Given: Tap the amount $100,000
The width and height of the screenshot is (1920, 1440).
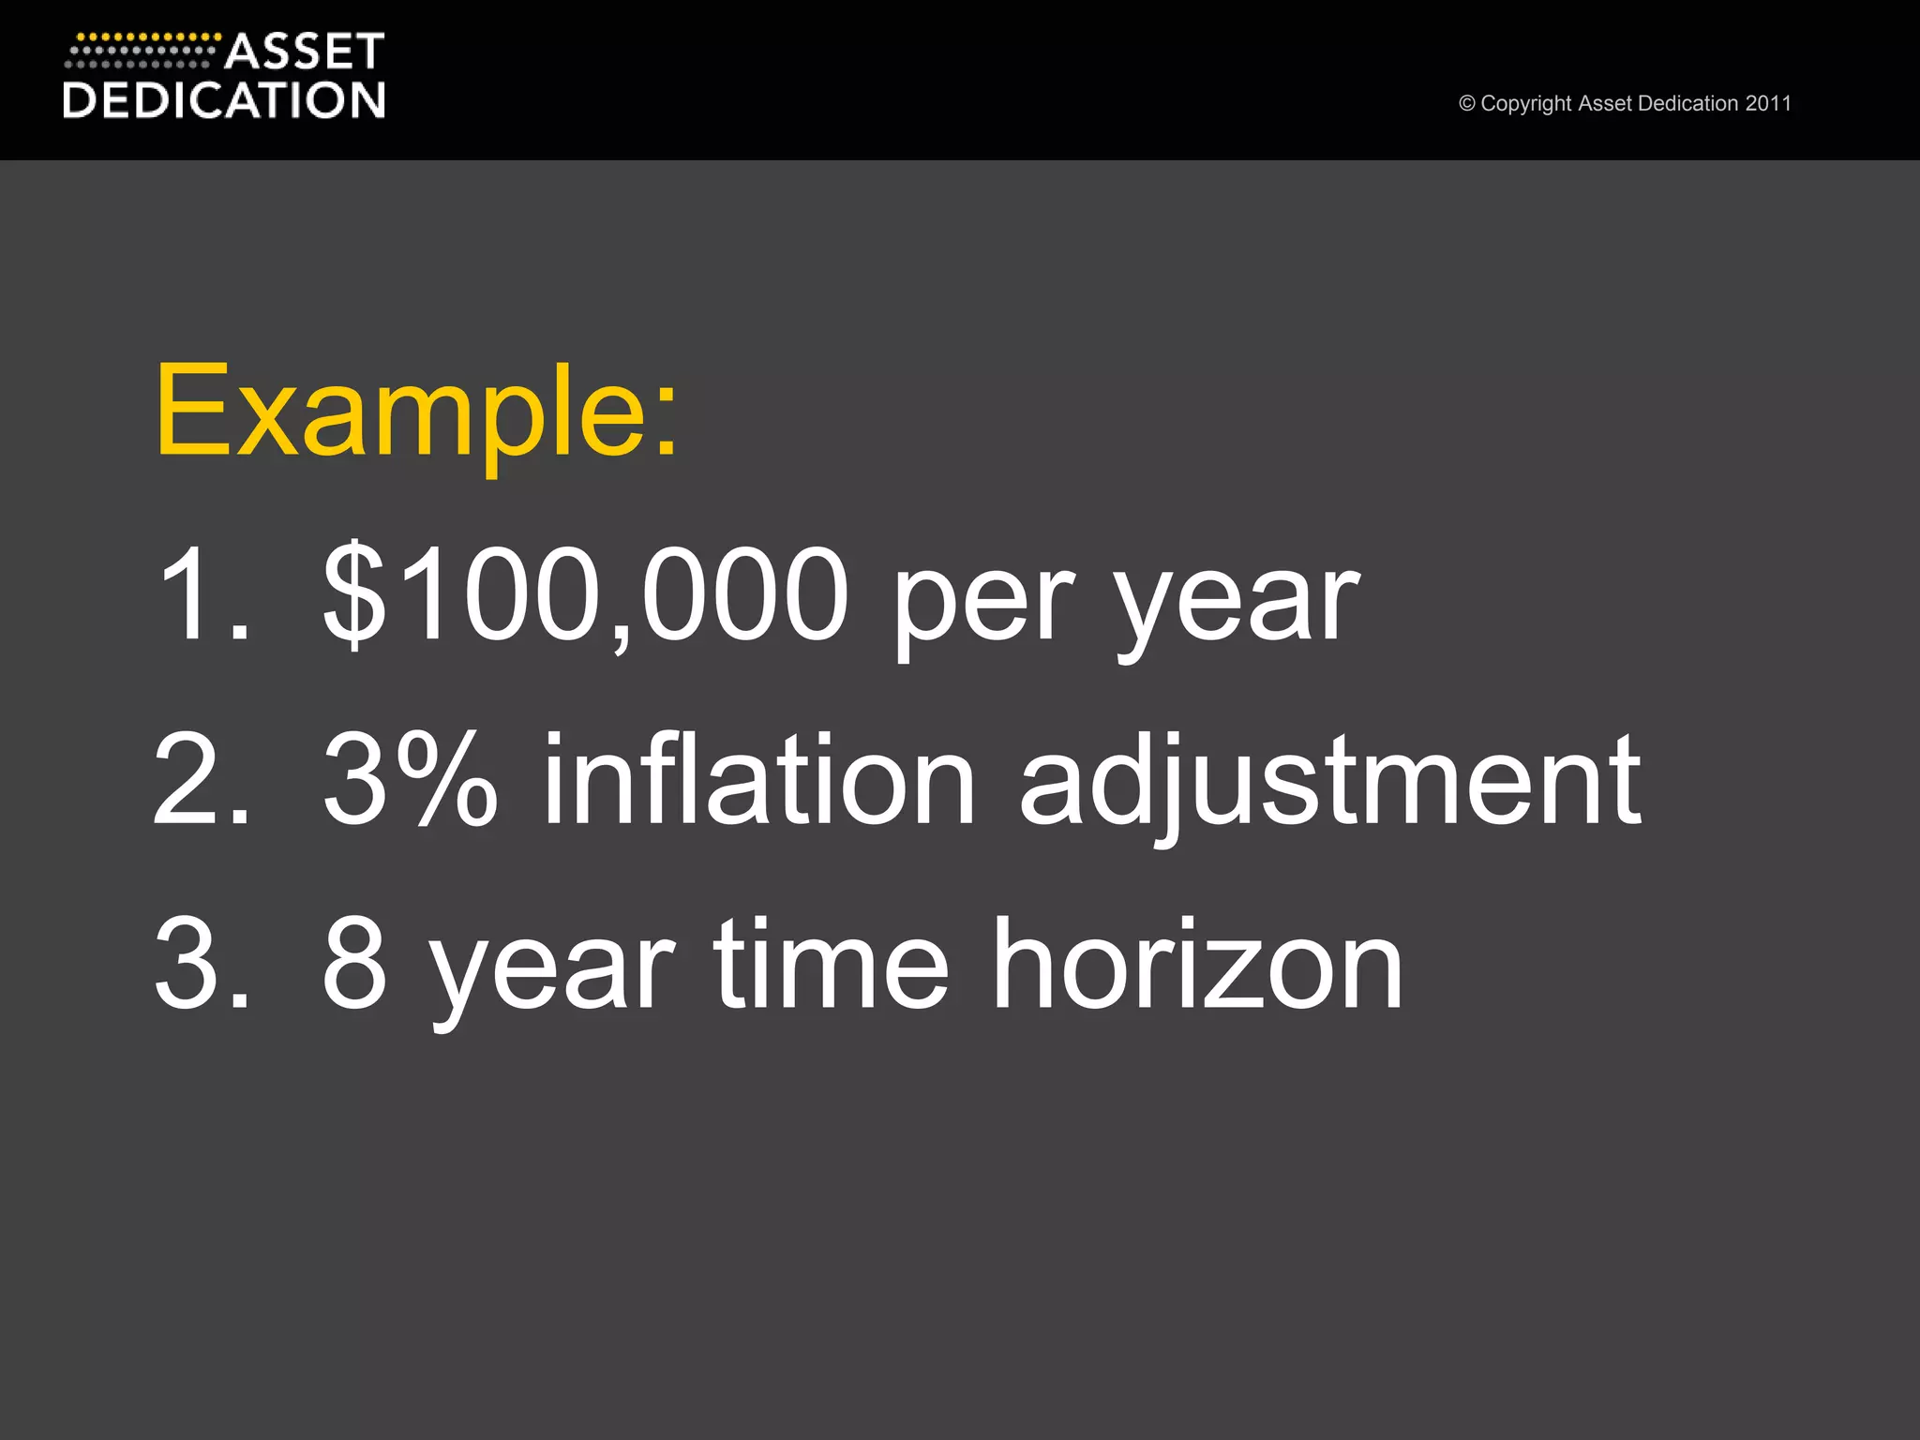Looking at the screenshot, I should click(585, 594).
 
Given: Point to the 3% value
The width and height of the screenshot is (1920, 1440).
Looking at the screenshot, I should click(409, 780).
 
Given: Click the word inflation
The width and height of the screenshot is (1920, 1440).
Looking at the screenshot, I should click(759, 780).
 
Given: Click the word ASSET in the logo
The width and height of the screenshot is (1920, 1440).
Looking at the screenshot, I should click(304, 52).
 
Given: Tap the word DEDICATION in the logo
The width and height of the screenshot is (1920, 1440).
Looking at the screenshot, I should click(223, 100).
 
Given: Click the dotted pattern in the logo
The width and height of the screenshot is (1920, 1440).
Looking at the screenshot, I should click(141, 52).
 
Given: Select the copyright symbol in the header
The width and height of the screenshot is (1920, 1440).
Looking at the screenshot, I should click(1466, 104).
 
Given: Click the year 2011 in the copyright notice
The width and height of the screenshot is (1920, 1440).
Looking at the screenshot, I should click(1768, 104).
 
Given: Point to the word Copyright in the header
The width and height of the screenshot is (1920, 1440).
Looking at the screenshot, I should click(1525, 104).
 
